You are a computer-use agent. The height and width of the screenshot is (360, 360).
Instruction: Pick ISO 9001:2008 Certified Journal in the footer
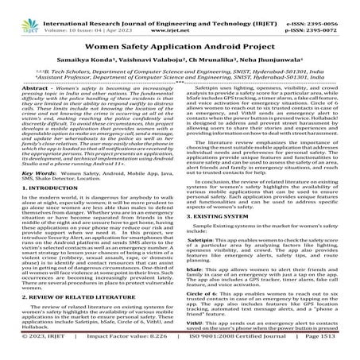[x=224, y=353]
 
